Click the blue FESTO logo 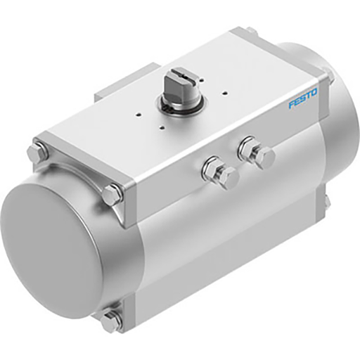[302, 98]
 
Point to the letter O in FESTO [314, 92]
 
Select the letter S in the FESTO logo [302, 98]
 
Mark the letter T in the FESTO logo [308, 96]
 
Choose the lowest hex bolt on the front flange [112, 321]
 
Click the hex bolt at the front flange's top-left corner [37, 152]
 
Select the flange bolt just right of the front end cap [112, 194]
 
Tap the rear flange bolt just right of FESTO [328, 77]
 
